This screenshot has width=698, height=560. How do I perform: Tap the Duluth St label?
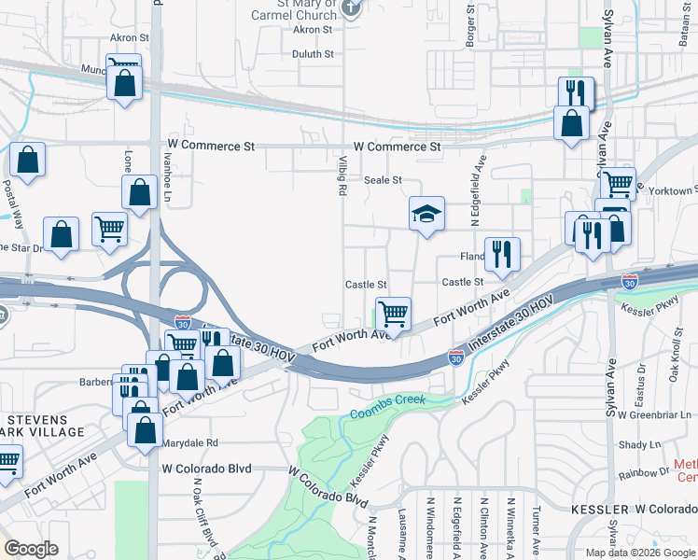tap(313, 54)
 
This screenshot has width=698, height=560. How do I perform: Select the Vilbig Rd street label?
tap(342, 176)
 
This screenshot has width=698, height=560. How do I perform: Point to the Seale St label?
tap(383, 180)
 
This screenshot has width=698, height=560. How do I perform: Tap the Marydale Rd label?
tap(188, 442)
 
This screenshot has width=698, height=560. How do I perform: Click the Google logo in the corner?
tap(31, 549)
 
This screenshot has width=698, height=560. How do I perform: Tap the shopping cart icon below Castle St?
tap(393, 314)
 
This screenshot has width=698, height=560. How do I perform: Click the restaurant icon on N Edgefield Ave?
tap(502, 254)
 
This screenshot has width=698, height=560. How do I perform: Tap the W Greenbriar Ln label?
tap(655, 413)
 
